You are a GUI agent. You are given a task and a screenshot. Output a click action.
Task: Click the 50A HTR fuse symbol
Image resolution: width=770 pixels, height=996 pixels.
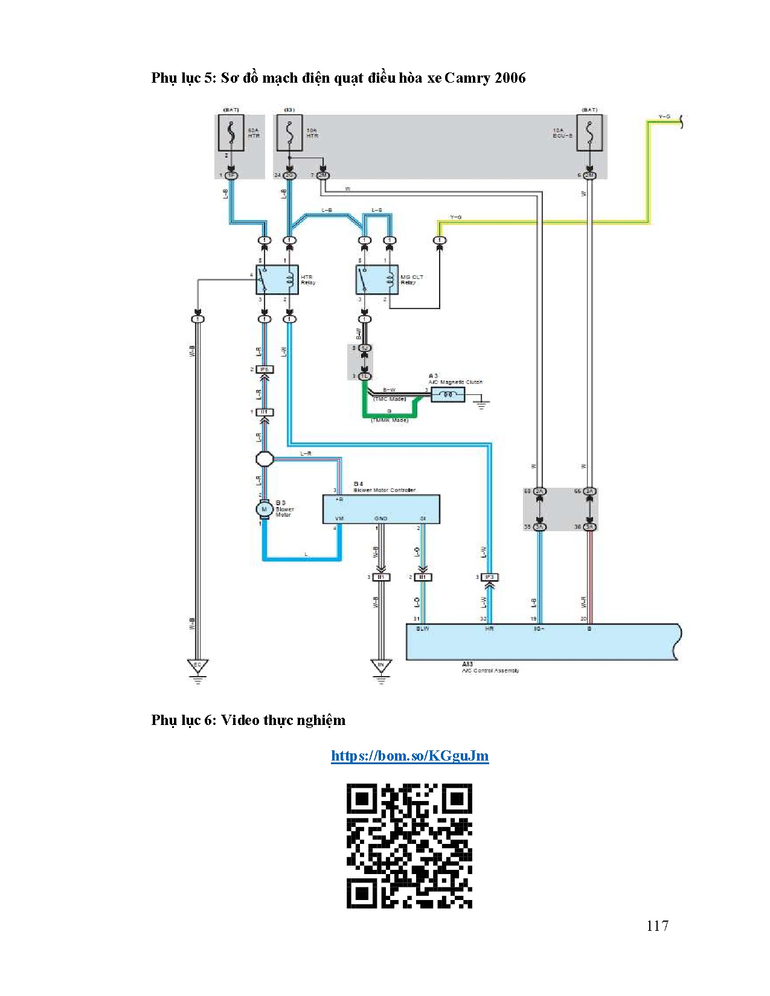click(x=231, y=133)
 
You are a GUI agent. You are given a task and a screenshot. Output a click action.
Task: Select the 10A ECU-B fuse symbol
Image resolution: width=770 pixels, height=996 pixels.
click(x=589, y=133)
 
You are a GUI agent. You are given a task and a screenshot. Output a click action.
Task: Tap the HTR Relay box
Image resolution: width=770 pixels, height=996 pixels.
click(x=277, y=280)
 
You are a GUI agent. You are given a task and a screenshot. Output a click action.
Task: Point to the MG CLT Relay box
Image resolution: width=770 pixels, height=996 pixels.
click(x=377, y=280)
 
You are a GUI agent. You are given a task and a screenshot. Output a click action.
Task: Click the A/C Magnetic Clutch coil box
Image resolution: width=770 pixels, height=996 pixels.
click(x=448, y=395)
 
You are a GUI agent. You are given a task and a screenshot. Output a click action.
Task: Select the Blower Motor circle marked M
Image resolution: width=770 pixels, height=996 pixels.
click(x=264, y=509)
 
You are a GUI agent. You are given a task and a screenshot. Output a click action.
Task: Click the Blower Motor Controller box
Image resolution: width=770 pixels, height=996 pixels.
click(x=381, y=509)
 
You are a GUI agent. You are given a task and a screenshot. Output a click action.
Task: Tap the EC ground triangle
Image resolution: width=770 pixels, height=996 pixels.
click(x=197, y=665)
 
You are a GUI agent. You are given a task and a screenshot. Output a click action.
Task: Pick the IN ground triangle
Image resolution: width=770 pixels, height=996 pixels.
click(x=380, y=665)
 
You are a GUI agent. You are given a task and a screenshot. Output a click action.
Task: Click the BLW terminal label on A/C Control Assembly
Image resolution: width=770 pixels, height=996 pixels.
click(x=423, y=629)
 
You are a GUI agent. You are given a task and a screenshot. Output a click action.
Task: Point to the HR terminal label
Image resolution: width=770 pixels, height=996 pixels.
click(x=489, y=629)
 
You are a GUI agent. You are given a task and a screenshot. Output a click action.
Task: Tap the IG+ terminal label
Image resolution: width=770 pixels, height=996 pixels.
click(x=539, y=629)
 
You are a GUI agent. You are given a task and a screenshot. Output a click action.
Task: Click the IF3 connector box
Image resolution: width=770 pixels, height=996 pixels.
click(x=489, y=577)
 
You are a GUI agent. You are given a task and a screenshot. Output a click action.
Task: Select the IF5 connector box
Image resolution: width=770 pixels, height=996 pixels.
click(x=264, y=369)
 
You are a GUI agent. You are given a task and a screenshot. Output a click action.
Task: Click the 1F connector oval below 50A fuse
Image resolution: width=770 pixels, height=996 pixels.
click(x=231, y=175)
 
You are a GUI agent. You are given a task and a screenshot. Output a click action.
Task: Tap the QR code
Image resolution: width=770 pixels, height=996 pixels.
click(x=409, y=846)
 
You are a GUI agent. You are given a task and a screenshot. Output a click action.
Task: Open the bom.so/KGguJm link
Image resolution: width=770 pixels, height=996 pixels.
click(x=409, y=756)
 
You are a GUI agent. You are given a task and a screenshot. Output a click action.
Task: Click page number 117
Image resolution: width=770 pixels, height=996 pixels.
click(x=657, y=926)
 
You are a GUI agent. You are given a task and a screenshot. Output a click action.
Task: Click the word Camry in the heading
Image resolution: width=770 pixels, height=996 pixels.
click(x=467, y=78)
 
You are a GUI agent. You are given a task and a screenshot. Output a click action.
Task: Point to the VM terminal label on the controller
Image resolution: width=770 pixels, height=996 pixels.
click(x=339, y=519)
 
